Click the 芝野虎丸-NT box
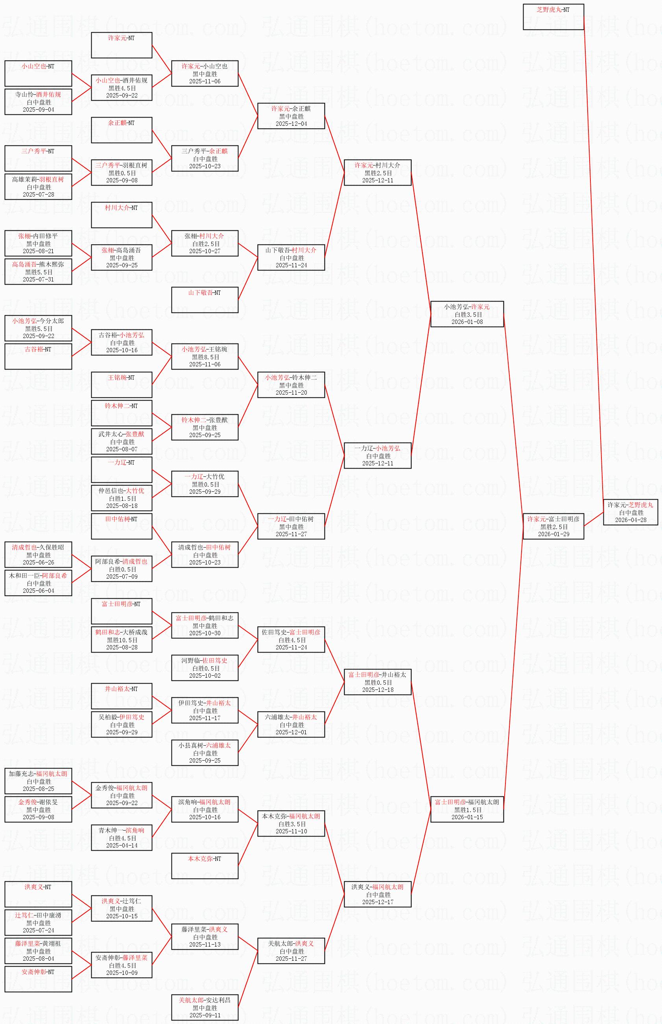tap(553, 17)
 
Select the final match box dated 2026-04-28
tap(631, 512)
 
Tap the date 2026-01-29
tap(554, 534)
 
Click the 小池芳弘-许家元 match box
tap(467, 314)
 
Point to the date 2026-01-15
tap(467, 817)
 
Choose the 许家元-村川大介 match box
tap(378, 173)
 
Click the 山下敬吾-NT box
tap(205, 300)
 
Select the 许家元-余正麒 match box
tap(291, 116)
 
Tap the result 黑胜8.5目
tap(205, 357)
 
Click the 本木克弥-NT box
tap(205, 866)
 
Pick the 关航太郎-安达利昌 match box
tap(205, 1007)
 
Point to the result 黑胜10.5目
tap(122, 640)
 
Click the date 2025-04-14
tap(122, 845)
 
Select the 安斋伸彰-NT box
tap(38, 979)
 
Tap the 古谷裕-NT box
tap(38, 357)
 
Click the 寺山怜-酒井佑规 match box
tap(38, 102)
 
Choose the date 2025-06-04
tap(39, 590)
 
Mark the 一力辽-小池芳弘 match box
tap(378, 456)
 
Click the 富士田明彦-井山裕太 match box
tap(378, 682)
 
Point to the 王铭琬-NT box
tap(122, 385)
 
